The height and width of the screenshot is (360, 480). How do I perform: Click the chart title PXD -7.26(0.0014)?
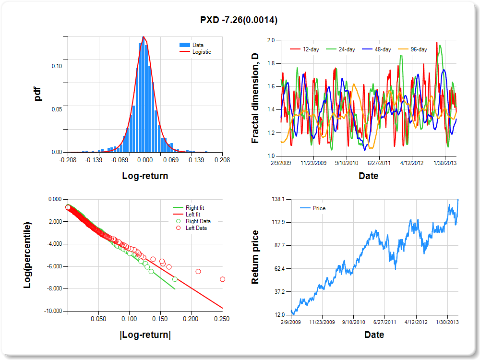(x=239, y=20)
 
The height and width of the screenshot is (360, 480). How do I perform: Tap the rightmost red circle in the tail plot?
(x=222, y=279)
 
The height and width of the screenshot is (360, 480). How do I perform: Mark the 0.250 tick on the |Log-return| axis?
(x=222, y=318)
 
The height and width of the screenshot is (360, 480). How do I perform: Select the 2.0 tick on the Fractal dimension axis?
(x=270, y=40)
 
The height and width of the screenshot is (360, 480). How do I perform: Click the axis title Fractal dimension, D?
(x=255, y=98)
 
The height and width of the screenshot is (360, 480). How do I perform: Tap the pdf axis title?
(x=38, y=94)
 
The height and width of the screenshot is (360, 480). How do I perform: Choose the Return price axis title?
(x=255, y=257)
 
